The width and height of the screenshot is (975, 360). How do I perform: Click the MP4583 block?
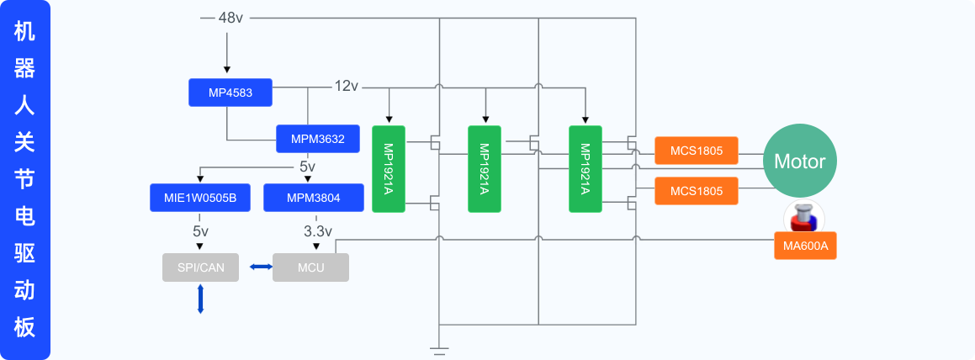click(x=231, y=93)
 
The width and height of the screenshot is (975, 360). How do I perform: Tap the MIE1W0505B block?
click(x=199, y=198)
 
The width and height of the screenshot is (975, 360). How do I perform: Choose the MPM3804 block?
click(x=313, y=198)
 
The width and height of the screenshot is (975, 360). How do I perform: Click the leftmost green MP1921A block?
click(x=389, y=169)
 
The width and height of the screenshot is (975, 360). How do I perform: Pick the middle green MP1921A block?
click(x=485, y=169)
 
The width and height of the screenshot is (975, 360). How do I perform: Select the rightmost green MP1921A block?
click(x=585, y=169)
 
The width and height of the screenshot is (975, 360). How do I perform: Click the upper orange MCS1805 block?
click(x=696, y=151)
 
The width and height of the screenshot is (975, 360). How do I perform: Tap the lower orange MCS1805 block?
click(x=696, y=191)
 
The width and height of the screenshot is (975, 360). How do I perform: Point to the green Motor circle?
click(x=799, y=161)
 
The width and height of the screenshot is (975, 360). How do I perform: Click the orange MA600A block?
click(x=805, y=246)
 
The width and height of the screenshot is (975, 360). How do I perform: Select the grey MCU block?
click(x=310, y=267)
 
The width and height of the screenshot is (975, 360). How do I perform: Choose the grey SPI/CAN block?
click(x=200, y=267)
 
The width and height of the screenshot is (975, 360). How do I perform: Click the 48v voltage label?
click(x=231, y=18)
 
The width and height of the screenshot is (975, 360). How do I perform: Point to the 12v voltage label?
click(x=347, y=86)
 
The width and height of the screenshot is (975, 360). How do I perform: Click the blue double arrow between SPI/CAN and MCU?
click(x=260, y=267)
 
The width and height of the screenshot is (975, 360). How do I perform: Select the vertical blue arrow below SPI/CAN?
click(x=200, y=299)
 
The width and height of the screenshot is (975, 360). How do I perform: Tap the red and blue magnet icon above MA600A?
click(x=804, y=217)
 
